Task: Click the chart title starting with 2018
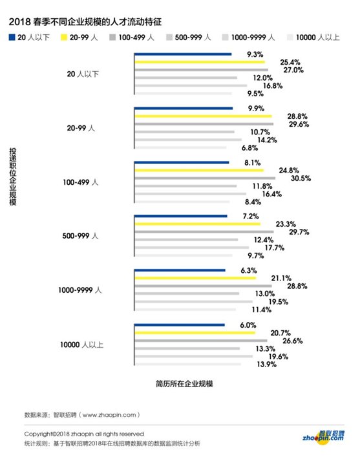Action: tap(85, 22)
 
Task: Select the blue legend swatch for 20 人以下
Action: tap(12, 37)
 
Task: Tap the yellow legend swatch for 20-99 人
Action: tap(64, 37)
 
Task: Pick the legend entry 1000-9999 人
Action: tap(248, 37)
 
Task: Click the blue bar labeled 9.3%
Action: tap(183, 54)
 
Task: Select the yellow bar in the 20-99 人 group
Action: tap(203, 116)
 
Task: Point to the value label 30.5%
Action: tap(301, 178)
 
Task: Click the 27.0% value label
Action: tap(293, 70)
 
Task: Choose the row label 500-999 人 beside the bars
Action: tap(80, 236)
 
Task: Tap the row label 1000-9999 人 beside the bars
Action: tap(80, 290)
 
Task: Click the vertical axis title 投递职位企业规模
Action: tap(12, 176)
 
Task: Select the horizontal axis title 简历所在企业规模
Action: tap(184, 383)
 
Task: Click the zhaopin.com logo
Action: tap(323, 438)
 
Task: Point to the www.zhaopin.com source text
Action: tap(109, 415)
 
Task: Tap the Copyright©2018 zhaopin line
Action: tap(84, 434)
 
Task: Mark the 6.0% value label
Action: tap(248, 325)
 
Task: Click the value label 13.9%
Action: tap(266, 365)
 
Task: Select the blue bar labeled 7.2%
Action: tap(180, 217)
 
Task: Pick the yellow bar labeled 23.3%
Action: tap(197, 224)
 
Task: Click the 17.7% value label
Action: tap(274, 248)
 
